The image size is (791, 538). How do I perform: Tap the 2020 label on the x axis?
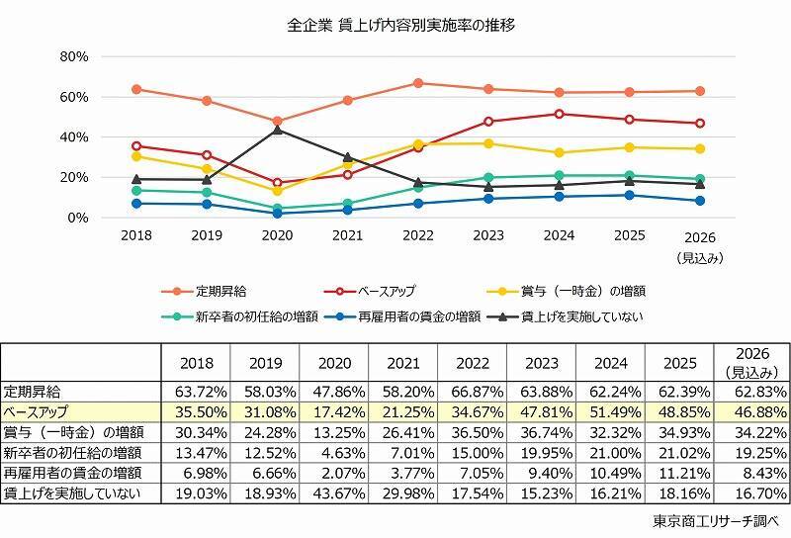click(278, 237)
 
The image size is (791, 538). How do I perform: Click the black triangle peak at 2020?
click(278, 130)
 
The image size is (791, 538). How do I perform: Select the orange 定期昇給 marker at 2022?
click(419, 83)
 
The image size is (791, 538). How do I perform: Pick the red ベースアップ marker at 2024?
click(560, 114)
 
